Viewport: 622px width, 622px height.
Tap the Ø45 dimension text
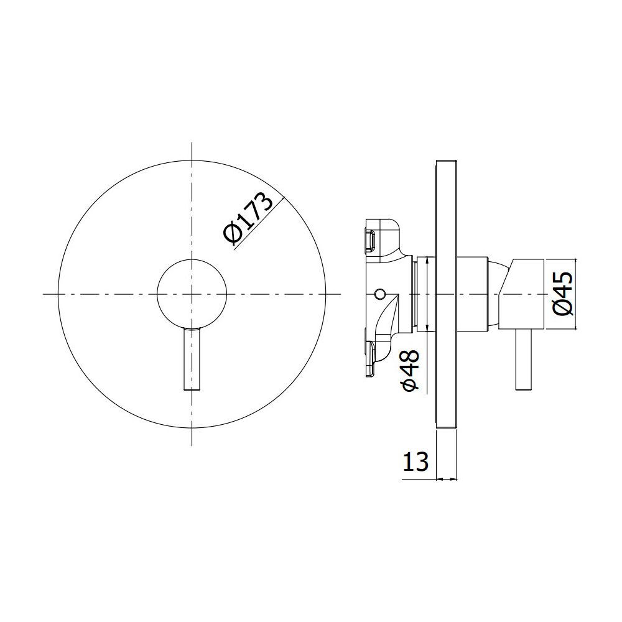[563, 294]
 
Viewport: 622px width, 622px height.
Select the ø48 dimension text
[411, 370]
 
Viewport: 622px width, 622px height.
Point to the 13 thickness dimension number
[415, 462]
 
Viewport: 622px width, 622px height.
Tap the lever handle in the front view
[192, 359]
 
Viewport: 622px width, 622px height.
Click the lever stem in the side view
[524, 360]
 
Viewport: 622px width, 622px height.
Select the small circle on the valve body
[379, 294]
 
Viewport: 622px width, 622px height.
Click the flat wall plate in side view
[446, 294]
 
